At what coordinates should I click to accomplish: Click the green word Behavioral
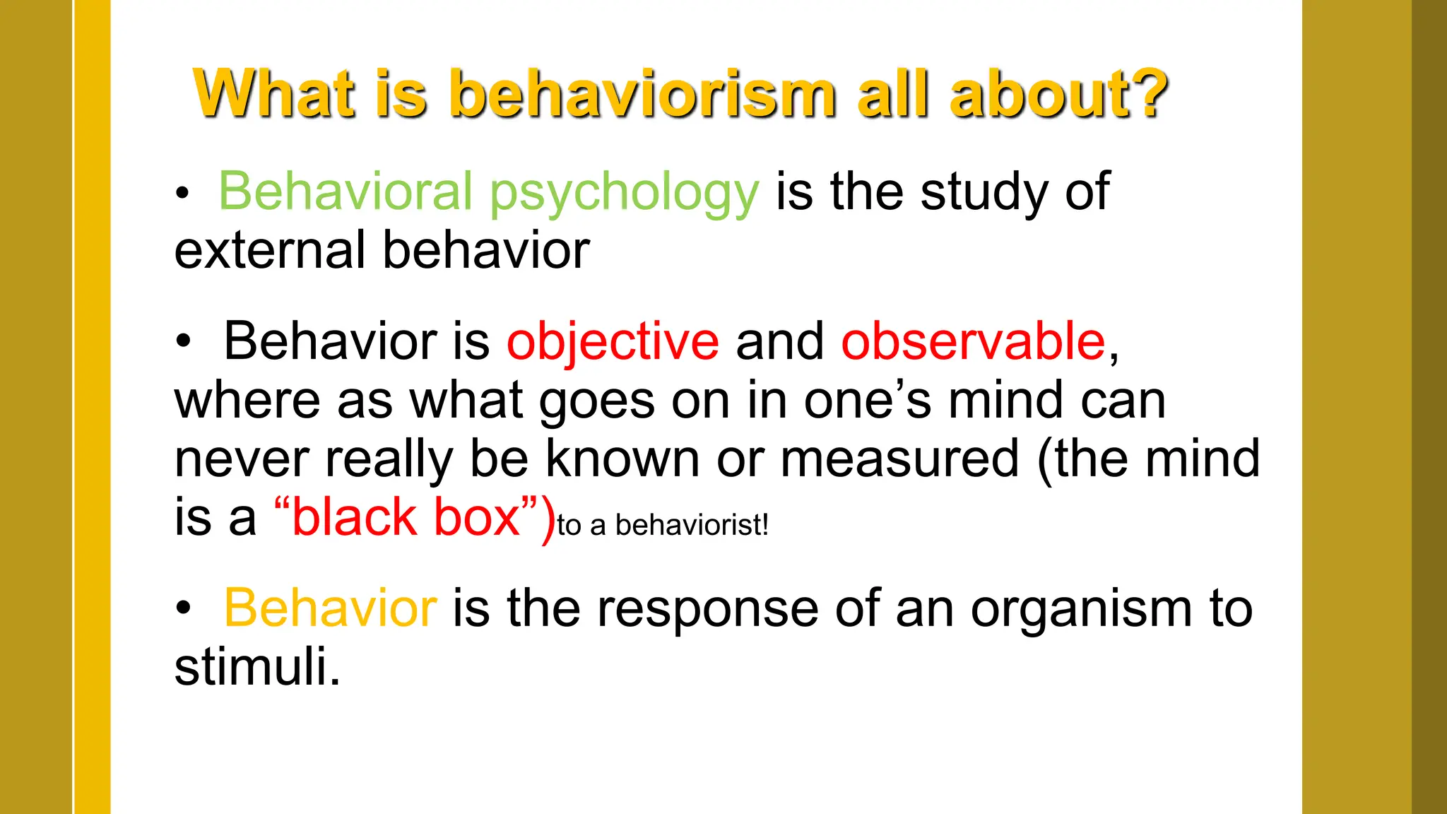coord(345,191)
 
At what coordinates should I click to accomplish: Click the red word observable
coord(973,341)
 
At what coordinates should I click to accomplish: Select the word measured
coord(899,459)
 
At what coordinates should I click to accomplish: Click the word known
coord(622,459)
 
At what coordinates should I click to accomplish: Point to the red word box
coord(477,517)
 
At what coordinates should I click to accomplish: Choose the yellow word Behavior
coord(330,608)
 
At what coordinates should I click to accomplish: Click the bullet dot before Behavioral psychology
coord(183,194)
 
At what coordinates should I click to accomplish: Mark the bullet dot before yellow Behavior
coord(184,609)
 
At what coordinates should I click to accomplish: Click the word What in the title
coord(274,94)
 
